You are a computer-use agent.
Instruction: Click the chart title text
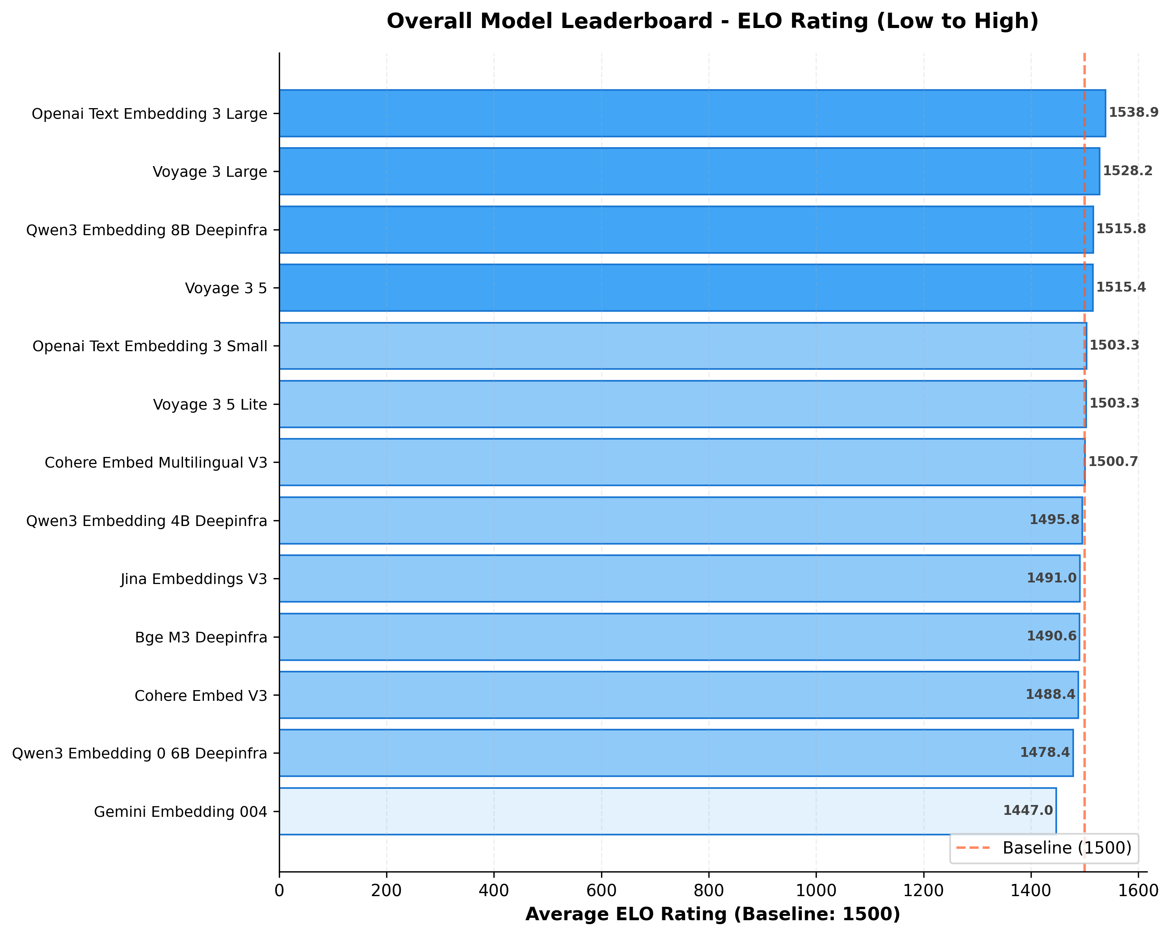pos(712,21)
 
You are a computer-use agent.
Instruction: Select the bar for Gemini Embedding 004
pos(667,811)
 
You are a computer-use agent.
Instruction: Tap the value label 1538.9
pos(1133,112)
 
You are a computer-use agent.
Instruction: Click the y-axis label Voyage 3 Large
pos(210,172)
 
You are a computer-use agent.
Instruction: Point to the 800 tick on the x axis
pos(708,890)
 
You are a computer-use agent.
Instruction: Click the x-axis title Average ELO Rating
pos(712,914)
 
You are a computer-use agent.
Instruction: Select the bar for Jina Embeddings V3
pos(679,578)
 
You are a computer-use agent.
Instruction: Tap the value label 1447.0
pos(1027,811)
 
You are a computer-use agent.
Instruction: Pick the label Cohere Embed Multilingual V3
pos(156,462)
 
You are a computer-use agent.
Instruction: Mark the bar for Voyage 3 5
pos(685,288)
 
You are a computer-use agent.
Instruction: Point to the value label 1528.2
pos(1127,171)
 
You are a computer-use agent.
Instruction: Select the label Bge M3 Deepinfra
pos(201,637)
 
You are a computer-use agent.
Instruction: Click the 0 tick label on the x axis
pos(279,890)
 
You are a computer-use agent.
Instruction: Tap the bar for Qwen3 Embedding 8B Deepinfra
pos(685,229)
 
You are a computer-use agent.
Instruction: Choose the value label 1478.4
pos(1044,752)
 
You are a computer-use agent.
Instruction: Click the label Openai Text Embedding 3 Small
pos(150,346)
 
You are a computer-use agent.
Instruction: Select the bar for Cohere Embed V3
pos(678,695)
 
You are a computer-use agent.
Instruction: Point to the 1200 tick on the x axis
pos(923,890)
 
